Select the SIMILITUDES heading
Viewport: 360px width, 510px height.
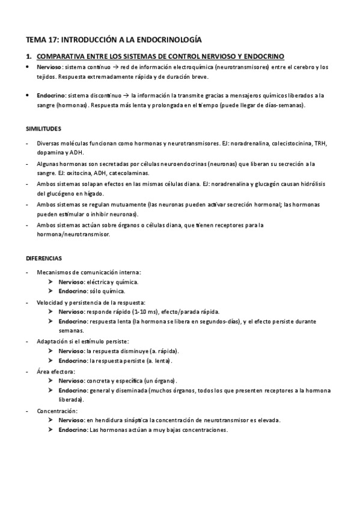tap(43, 129)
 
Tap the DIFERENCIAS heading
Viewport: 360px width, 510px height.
tap(43, 258)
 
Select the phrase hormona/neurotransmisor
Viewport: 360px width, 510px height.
tap(73, 235)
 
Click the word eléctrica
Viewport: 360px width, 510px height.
tap(100, 281)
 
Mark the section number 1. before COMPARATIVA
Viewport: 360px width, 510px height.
tap(28, 57)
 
